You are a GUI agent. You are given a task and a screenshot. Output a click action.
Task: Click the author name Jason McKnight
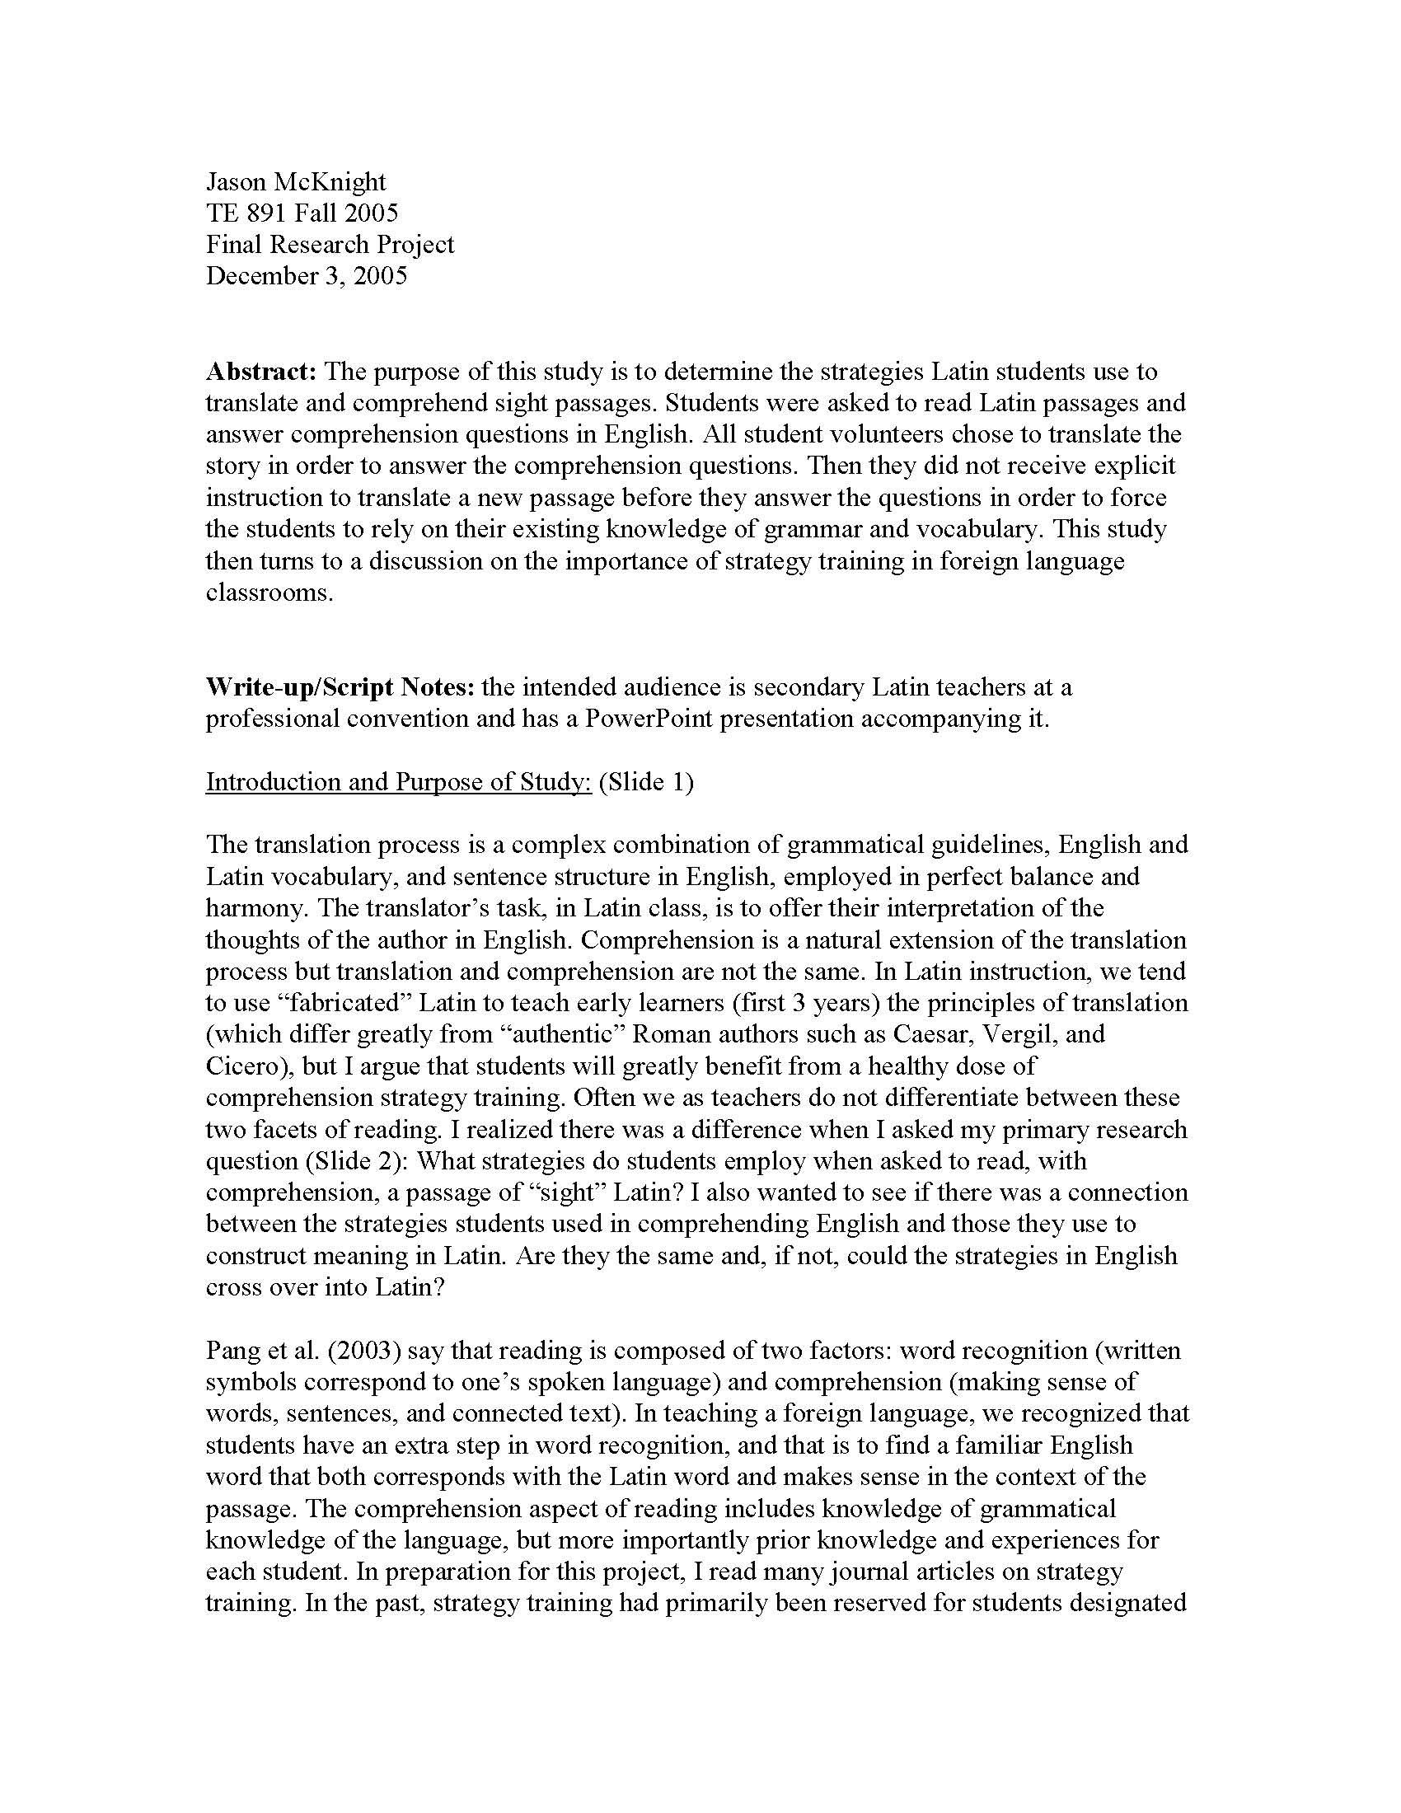[296, 181]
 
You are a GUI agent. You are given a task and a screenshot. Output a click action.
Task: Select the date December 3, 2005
[307, 275]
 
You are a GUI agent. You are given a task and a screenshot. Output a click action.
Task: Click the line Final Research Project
[330, 244]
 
